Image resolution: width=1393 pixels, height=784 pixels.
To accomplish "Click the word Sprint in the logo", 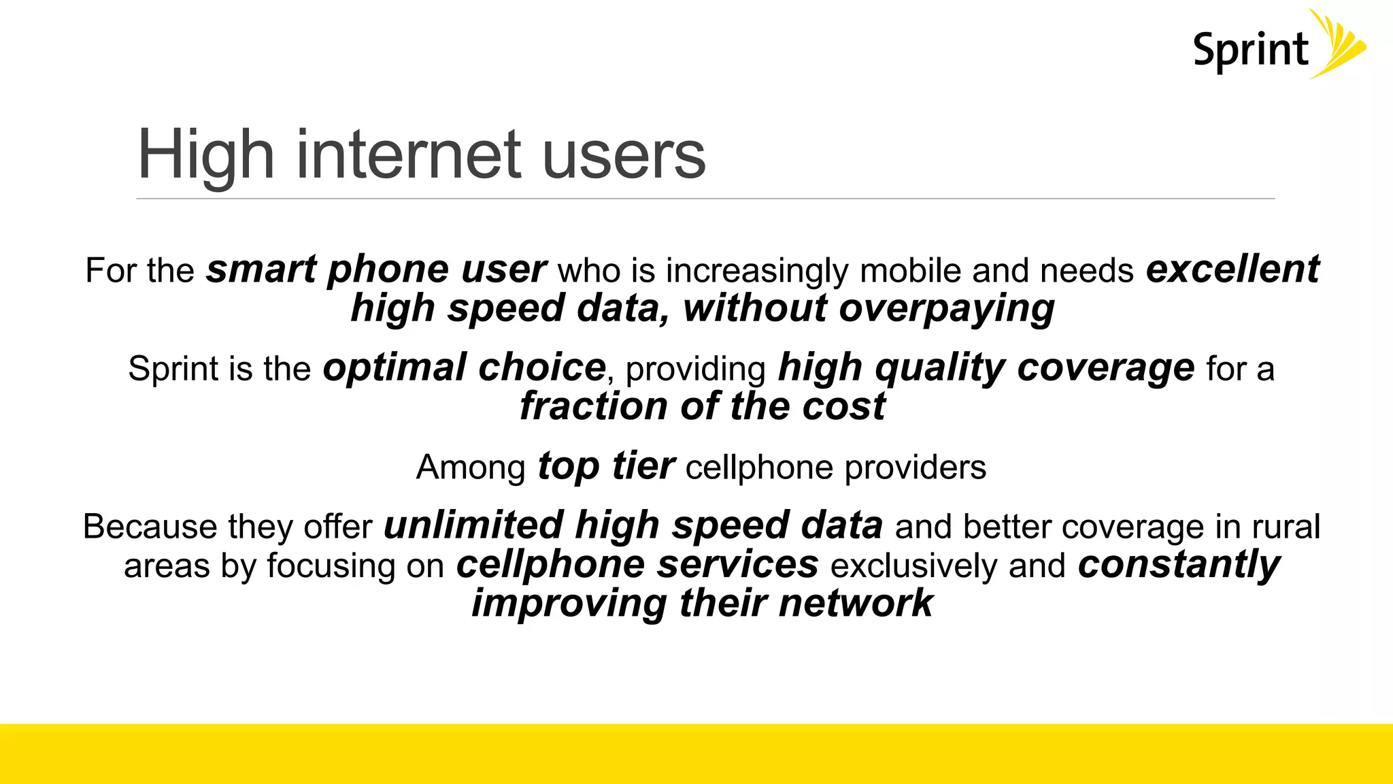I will click(1250, 50).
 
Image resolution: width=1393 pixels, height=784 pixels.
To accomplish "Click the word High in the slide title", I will click(205, 155).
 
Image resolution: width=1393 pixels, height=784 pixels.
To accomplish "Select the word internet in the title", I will click(408, 155).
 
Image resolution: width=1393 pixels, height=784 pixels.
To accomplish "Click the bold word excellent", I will click(1232, 269).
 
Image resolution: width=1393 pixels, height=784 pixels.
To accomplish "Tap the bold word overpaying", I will click(947, 308).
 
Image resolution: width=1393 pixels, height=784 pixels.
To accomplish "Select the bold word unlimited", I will click(473, 526).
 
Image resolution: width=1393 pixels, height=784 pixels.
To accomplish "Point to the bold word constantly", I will click(1179, 565).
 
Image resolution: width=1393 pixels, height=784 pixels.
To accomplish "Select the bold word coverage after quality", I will click(1105, 368).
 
